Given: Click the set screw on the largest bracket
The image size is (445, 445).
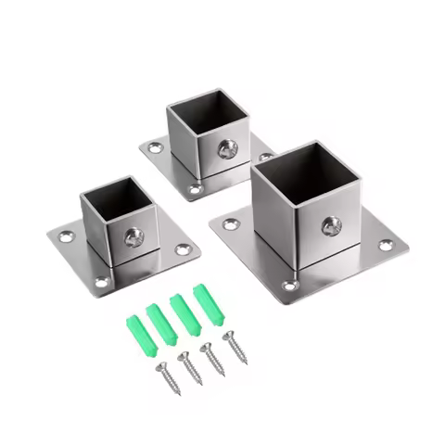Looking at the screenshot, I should (x=331, y=225).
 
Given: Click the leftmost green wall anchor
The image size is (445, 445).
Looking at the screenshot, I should (x=135, y=331).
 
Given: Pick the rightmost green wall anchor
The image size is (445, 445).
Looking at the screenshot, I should (x=209, y=306).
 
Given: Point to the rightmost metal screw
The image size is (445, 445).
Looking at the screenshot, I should (x=234, y=347).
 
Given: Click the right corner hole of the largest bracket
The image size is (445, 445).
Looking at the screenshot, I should (x=386, y=245).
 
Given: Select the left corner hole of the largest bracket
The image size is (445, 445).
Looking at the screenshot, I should (x=229, y=222).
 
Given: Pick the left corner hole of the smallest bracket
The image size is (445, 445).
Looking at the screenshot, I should (x=66, y=237).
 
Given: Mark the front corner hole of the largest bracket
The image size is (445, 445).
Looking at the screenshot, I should (x=290, y=286).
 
